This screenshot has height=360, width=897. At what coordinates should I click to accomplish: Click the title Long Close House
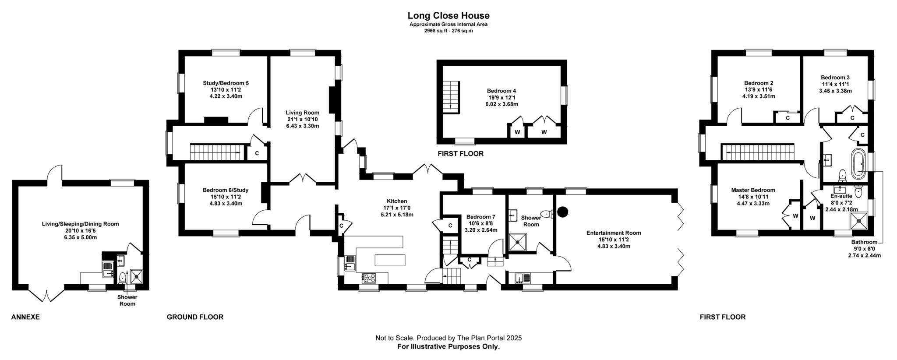[448, 16]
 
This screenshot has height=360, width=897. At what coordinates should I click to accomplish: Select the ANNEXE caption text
[25, 317]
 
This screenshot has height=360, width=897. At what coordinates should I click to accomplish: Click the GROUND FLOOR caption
[195, 317]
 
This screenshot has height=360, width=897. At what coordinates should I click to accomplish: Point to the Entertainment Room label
[614, 233]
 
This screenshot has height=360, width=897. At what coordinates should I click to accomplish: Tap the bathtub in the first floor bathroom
[858, 164]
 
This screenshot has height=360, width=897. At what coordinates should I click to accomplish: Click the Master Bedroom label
[753, 190]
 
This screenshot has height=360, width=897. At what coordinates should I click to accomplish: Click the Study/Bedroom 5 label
[226, 83]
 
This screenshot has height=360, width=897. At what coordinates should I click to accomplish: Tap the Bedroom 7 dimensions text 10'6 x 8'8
[480, 223]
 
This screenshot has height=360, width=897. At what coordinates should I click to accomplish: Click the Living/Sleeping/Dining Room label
[80, 224]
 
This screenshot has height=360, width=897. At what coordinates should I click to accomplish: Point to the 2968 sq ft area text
[448, 31]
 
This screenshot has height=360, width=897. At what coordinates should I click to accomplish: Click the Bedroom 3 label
[835, 78]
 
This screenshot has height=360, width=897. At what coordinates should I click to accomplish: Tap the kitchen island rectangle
[390, 260]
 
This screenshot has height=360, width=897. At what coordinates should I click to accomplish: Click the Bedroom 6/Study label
[226, 190]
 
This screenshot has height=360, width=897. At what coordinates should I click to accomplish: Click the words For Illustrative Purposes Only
[448, 346]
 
